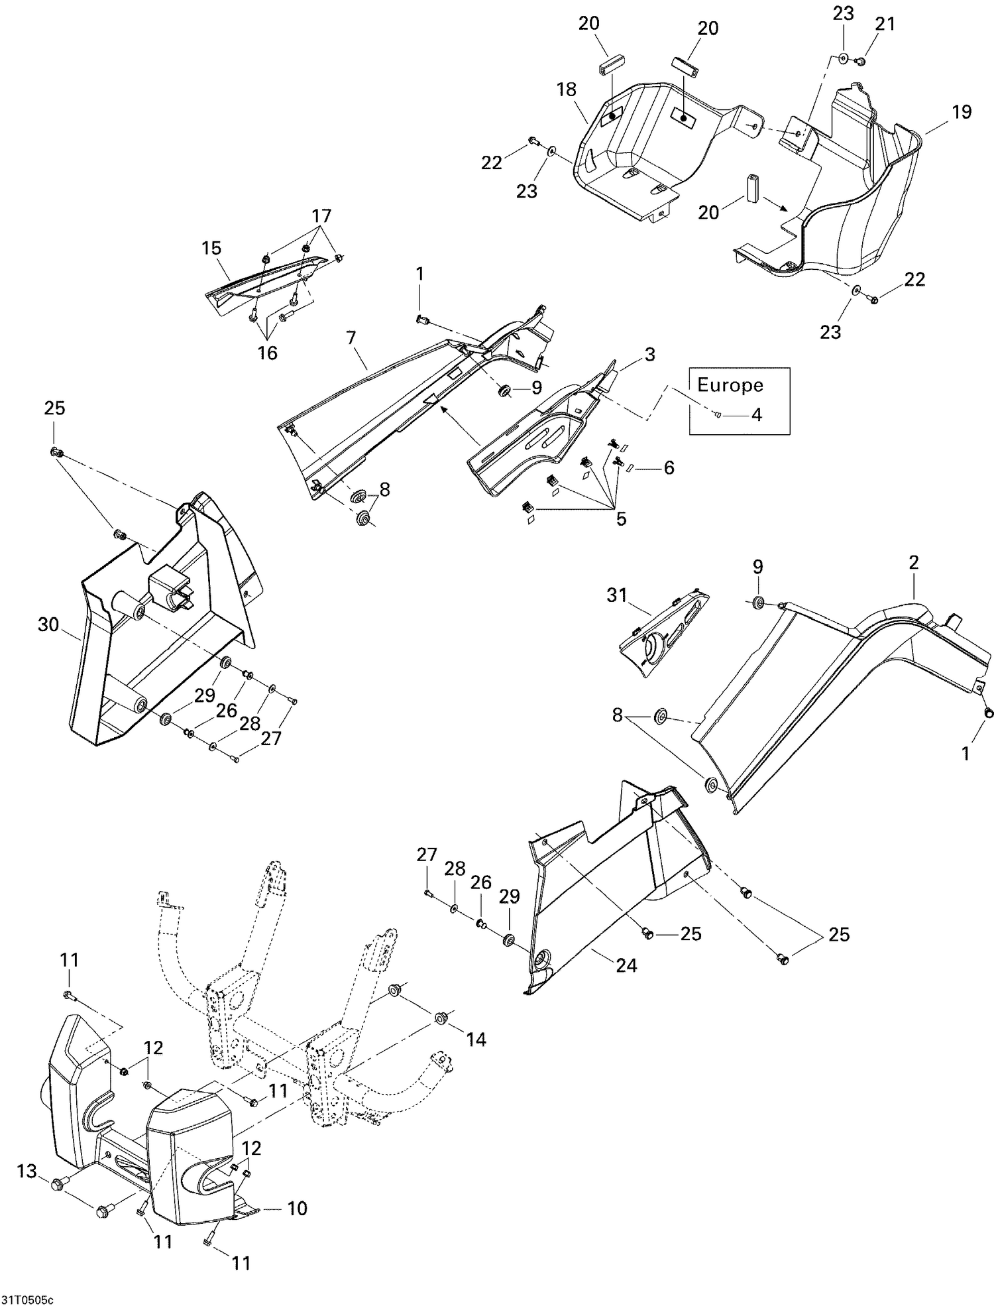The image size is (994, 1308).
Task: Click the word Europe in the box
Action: [x=730, y=385]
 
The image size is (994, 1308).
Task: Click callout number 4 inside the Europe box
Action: [x=756, y=415]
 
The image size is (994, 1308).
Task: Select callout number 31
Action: [x=616, y=595]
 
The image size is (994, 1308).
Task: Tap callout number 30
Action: [x=48, y=624]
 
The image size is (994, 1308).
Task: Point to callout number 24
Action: [x=626, y=966]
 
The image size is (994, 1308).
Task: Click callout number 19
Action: [x=962, y=112]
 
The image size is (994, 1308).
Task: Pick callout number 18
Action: [x=567, y=89]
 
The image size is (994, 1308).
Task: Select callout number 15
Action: [x=211, y=248]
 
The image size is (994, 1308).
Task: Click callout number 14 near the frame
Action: [x=476, y=1039]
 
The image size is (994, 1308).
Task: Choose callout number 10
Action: [x=298, y=1209]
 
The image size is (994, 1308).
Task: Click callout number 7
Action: [x=351, y=339]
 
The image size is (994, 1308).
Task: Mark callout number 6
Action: [x=669, y=467]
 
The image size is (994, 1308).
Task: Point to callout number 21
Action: [x=885, y=24]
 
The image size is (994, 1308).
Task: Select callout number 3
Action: [x=649, y=355]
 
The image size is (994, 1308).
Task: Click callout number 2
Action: [x=914, y=563]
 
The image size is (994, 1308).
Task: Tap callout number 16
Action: [x=267, y=353]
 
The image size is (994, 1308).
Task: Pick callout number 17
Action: [x=321, y=216]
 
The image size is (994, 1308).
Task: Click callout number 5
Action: [x=621, y=518]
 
